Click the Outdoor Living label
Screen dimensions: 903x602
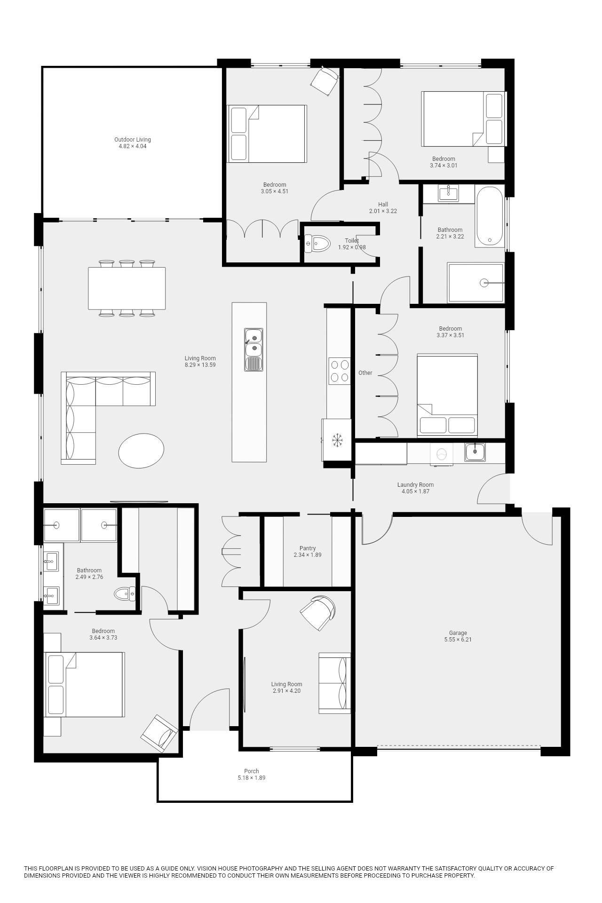point(132,140)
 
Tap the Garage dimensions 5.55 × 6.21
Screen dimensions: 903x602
point(458,640)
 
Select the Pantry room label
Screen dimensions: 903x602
point(308,548)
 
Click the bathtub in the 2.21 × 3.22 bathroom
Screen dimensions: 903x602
point(490,216)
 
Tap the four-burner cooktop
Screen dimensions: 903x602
point(339,371)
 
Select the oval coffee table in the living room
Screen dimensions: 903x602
point(141,450)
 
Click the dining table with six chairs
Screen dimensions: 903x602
point(127,288)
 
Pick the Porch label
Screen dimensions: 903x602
point(251,771)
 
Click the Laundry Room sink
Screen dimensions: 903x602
point(475,452)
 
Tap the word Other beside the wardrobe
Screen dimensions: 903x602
point(365,373)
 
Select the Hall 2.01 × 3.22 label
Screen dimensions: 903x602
point(383,208)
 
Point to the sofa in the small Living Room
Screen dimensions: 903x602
point(334,683)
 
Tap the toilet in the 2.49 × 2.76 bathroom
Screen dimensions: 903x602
point(125,594)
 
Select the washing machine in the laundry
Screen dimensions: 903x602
point(442,454)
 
